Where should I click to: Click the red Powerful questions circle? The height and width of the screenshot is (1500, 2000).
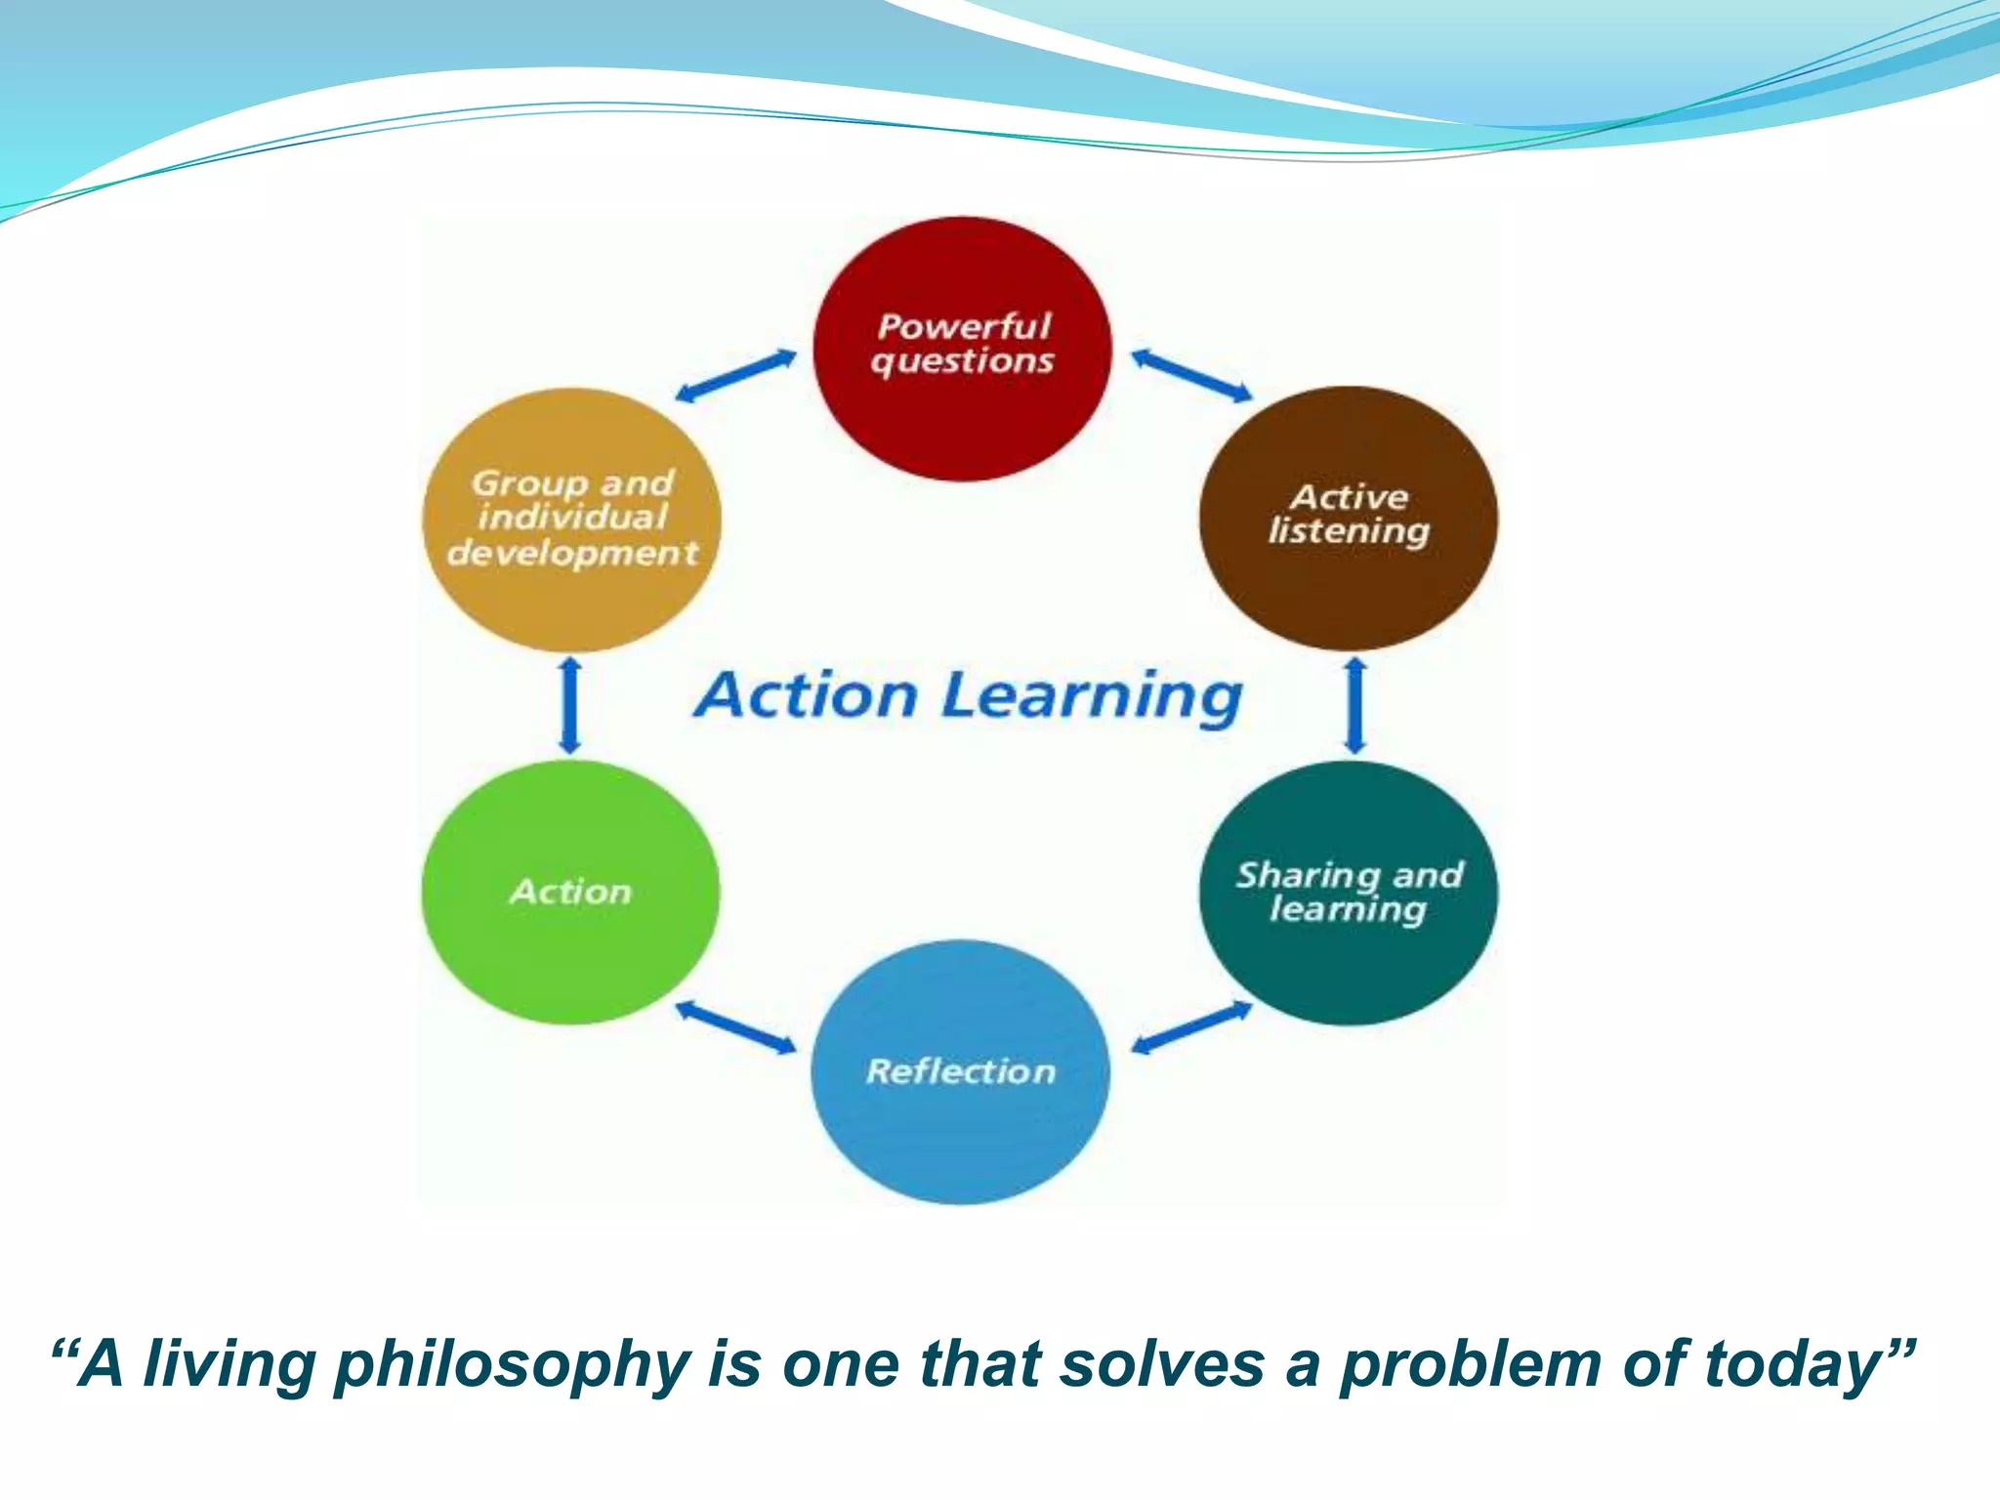pos(963,350)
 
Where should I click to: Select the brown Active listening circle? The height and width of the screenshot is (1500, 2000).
pos(1349,518)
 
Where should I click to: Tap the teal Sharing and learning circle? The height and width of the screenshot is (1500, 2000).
pos(1349,894)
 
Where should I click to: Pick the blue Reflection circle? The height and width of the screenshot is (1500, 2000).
pos(961,1071)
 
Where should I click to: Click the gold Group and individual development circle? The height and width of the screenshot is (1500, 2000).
pos(572,520)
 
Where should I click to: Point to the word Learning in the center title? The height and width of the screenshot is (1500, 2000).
pos(1092,697)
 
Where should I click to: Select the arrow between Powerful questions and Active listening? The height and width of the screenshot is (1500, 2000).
pos(1191,376)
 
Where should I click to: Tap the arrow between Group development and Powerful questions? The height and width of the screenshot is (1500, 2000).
pos(736,376)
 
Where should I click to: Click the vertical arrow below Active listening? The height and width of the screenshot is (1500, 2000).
pos(1355,705)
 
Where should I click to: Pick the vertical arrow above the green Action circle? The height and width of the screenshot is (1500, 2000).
pos(571,705)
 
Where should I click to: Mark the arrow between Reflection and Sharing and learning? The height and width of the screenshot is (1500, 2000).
pos(1191,1027)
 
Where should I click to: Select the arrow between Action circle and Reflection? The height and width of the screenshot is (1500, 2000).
pos(736,1027)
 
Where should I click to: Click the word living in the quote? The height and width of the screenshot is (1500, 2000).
pos(230,1364)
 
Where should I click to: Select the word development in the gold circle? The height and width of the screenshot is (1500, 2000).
pos(572,554)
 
